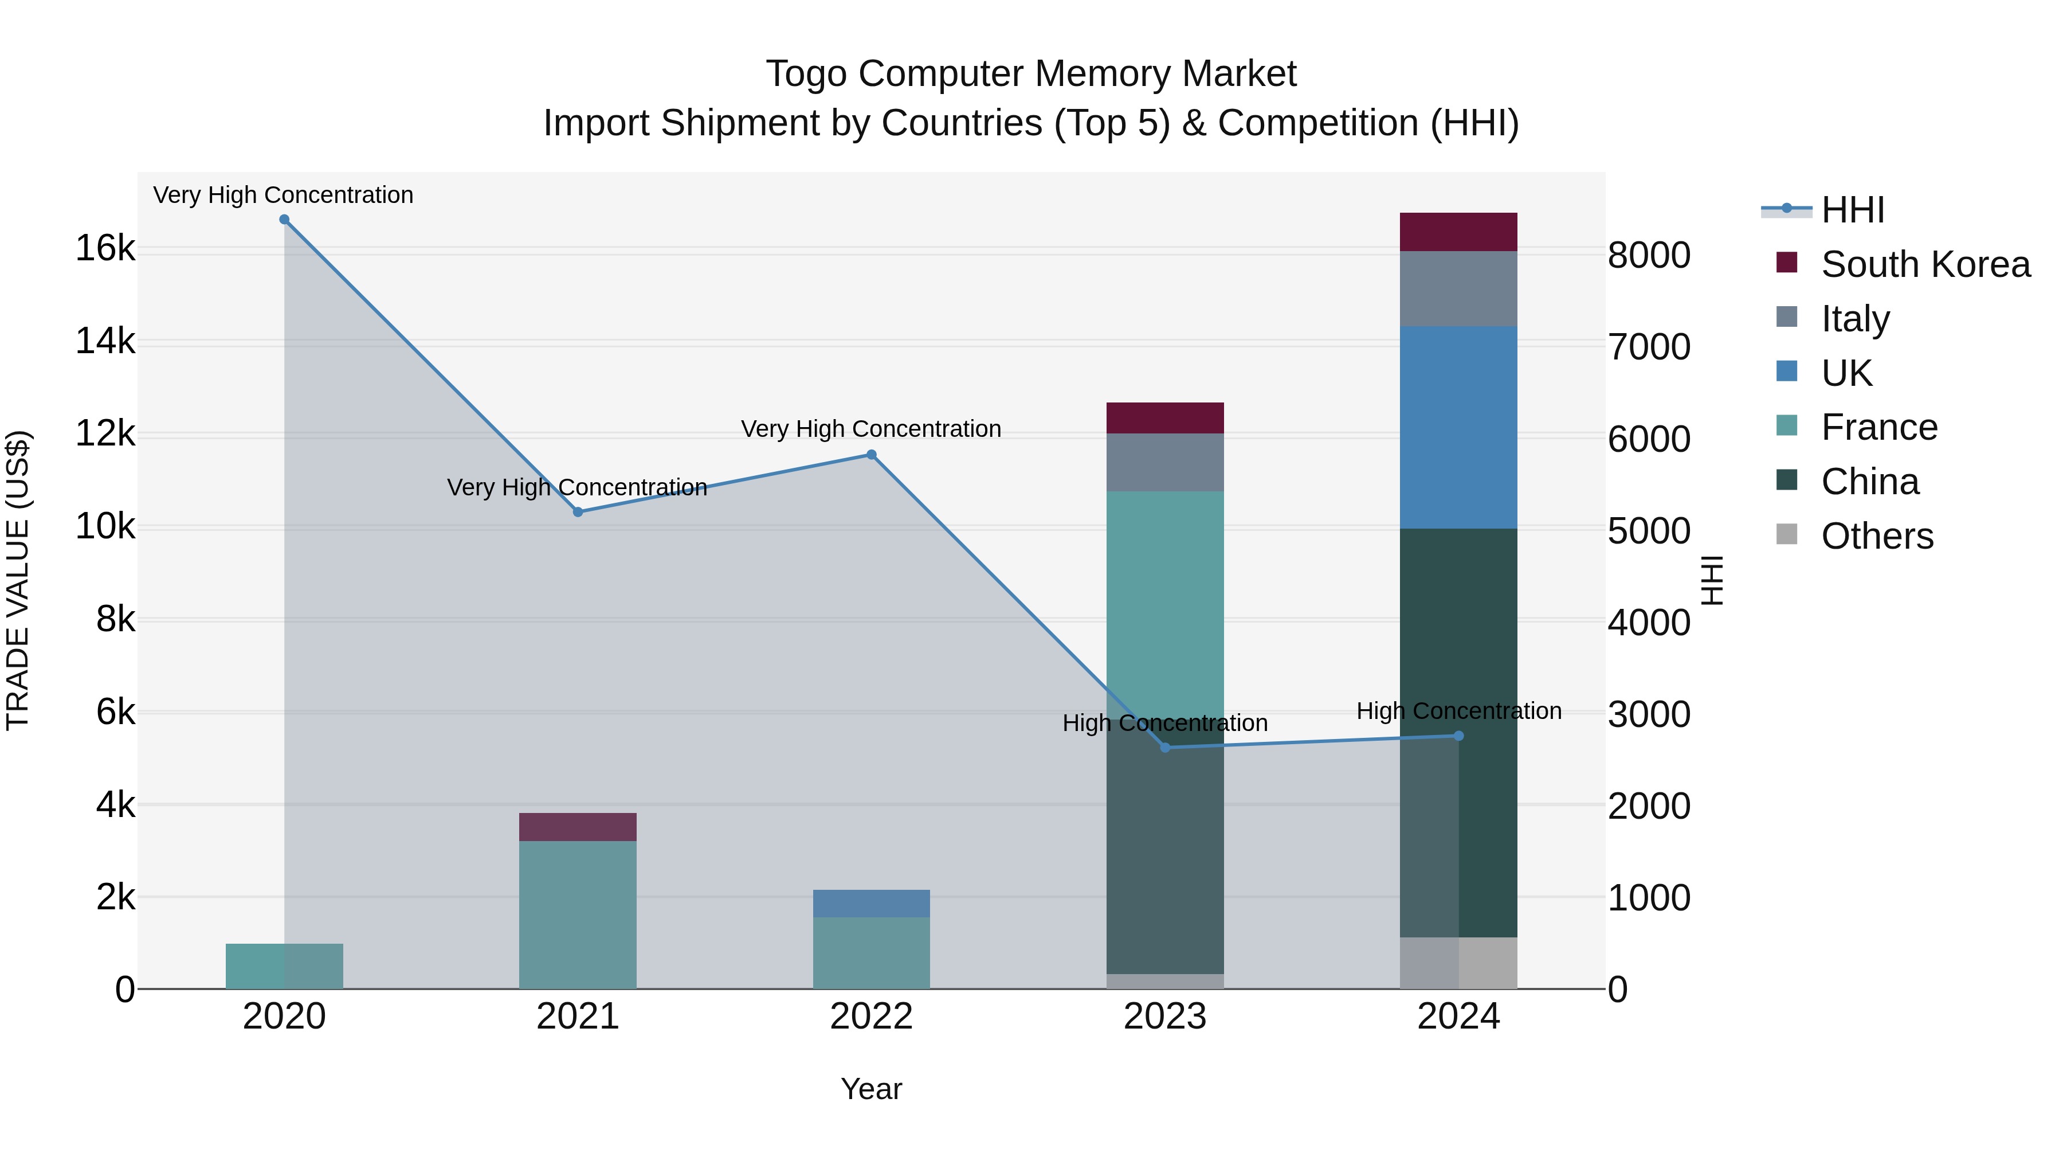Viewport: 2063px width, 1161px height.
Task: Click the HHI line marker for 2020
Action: point(284,220)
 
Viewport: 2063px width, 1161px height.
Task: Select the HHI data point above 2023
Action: point(1165,748)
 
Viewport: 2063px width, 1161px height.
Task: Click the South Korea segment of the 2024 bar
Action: point(1458,232)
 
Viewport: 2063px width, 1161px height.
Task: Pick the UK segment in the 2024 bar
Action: point(1458,427)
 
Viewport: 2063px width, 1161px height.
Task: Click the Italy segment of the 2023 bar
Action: point(1165,462)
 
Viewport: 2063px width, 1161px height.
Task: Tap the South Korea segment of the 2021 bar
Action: point(578,827)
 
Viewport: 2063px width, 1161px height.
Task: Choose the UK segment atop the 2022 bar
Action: point(871,903)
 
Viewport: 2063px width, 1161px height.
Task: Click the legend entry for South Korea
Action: point(1925,264)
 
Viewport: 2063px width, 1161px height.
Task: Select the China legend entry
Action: point(1869,482)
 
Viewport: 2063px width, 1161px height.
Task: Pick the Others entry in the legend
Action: point(1876,536)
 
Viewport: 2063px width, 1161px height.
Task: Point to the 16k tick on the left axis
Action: point(105,248)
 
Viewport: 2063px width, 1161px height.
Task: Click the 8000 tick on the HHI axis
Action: point(1649,256)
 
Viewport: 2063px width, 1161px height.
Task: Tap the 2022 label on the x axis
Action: point(871,1017)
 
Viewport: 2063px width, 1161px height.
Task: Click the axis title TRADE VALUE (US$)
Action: point(18,580)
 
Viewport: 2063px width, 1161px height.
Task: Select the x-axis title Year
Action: point(871,1089)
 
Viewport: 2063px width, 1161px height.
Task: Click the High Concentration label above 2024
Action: point(1458,711)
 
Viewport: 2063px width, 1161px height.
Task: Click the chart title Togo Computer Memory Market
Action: point(1031,74)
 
